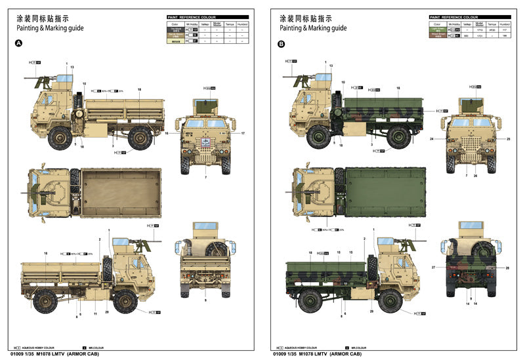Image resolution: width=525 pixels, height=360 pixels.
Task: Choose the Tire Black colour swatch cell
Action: click(174, 30)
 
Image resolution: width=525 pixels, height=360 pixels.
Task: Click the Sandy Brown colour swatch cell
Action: click(174, 41)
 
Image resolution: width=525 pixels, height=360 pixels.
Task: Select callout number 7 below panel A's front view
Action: click(205, 178)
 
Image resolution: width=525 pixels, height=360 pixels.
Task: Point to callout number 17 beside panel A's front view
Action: click(243, 134)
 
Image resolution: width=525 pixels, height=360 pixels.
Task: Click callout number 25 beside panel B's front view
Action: click(508, 139)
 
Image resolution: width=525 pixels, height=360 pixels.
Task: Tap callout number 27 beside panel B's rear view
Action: click(433, 268)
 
